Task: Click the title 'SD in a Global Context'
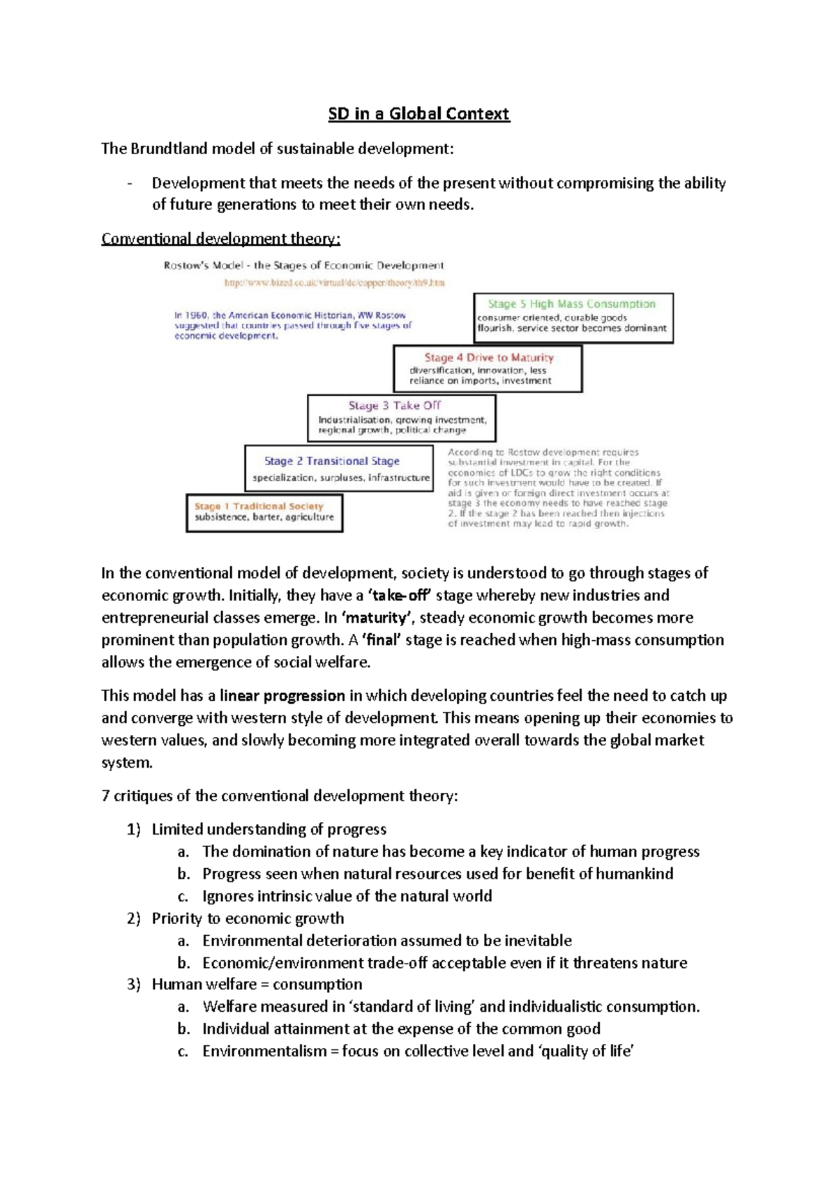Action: point(418,114)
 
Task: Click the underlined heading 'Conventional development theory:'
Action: point(220,238)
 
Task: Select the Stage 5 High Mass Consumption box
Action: point(573,318)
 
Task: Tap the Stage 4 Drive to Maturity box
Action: point(487,369)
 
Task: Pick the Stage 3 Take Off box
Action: point(401,418)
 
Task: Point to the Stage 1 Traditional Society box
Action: point(264,513)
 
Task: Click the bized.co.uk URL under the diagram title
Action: point(334,283)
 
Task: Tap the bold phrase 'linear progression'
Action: point(282,696)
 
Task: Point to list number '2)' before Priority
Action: point(134,918)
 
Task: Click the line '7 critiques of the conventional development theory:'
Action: point(280,796)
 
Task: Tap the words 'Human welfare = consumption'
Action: point(257,985)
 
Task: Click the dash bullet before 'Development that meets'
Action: point(130,183)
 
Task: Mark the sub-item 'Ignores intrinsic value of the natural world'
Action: point(347,896)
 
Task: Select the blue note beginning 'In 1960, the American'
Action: point(292,326)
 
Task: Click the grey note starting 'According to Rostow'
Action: point(557,487)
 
